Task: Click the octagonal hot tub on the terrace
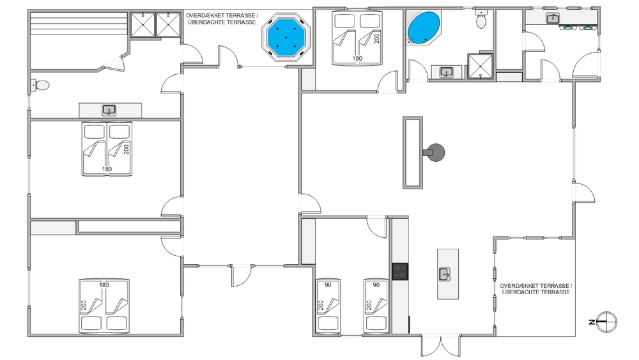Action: tap(286, 38)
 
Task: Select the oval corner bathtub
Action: tap(424, 27)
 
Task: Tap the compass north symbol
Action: tap(606, 322)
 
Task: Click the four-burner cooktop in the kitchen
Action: tap(400, 272)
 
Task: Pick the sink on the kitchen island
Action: tap(444, 274)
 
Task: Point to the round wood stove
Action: tap(435, 152)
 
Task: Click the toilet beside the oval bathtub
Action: tap(481, 19)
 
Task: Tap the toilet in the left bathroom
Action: tap(40, 85)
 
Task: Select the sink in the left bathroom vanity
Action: tap(109, 110)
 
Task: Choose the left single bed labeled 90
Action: tap(328, 306)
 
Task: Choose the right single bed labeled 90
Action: tap(376, 306)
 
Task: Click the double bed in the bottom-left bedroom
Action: tap(104, 306)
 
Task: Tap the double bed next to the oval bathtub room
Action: tap(357, 38)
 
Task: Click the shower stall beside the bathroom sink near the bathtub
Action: tap(480, 66)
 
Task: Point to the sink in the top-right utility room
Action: tap(553, 19)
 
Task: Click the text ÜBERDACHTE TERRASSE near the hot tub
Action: tap(222, 22)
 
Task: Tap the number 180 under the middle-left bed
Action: tap(107, 169)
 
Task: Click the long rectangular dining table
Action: tap(413, 153)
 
